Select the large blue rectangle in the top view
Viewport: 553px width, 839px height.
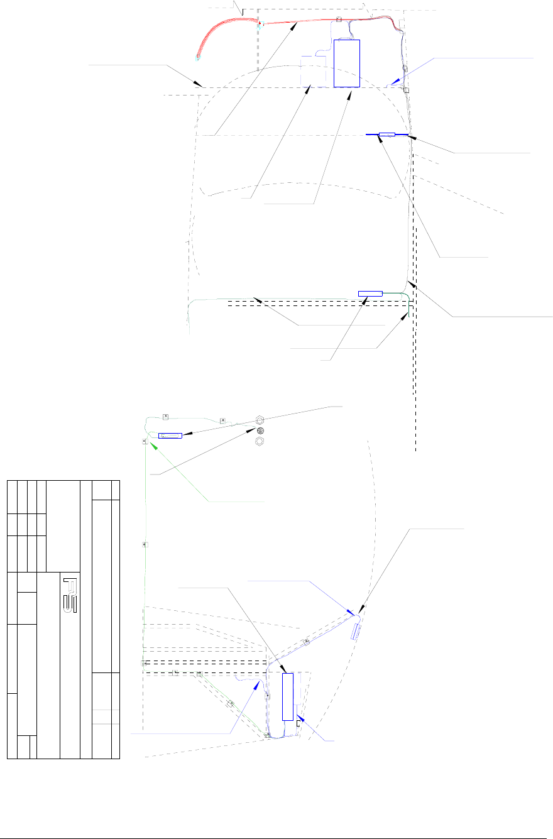click(346, 63)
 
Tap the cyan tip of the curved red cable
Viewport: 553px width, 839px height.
click(198, 58)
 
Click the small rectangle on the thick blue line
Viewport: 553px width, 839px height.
click(387, 134)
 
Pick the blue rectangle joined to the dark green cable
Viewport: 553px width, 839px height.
click(370, 293)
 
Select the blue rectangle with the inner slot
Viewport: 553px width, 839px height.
click(170, 435)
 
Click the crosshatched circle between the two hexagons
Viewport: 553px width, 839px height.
click(260, 430)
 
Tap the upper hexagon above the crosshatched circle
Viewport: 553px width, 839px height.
click(260, 419)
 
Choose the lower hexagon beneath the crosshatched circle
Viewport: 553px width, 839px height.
click(260, 442)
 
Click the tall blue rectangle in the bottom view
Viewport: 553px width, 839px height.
click(288, 696)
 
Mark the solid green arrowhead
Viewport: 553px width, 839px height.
click(151, 442)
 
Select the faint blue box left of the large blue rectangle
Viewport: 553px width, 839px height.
click(313, 71)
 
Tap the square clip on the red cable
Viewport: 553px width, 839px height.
click(339, 19)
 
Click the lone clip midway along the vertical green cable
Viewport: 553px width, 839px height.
click(145, 544)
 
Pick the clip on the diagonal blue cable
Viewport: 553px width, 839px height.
click(307, 642)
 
